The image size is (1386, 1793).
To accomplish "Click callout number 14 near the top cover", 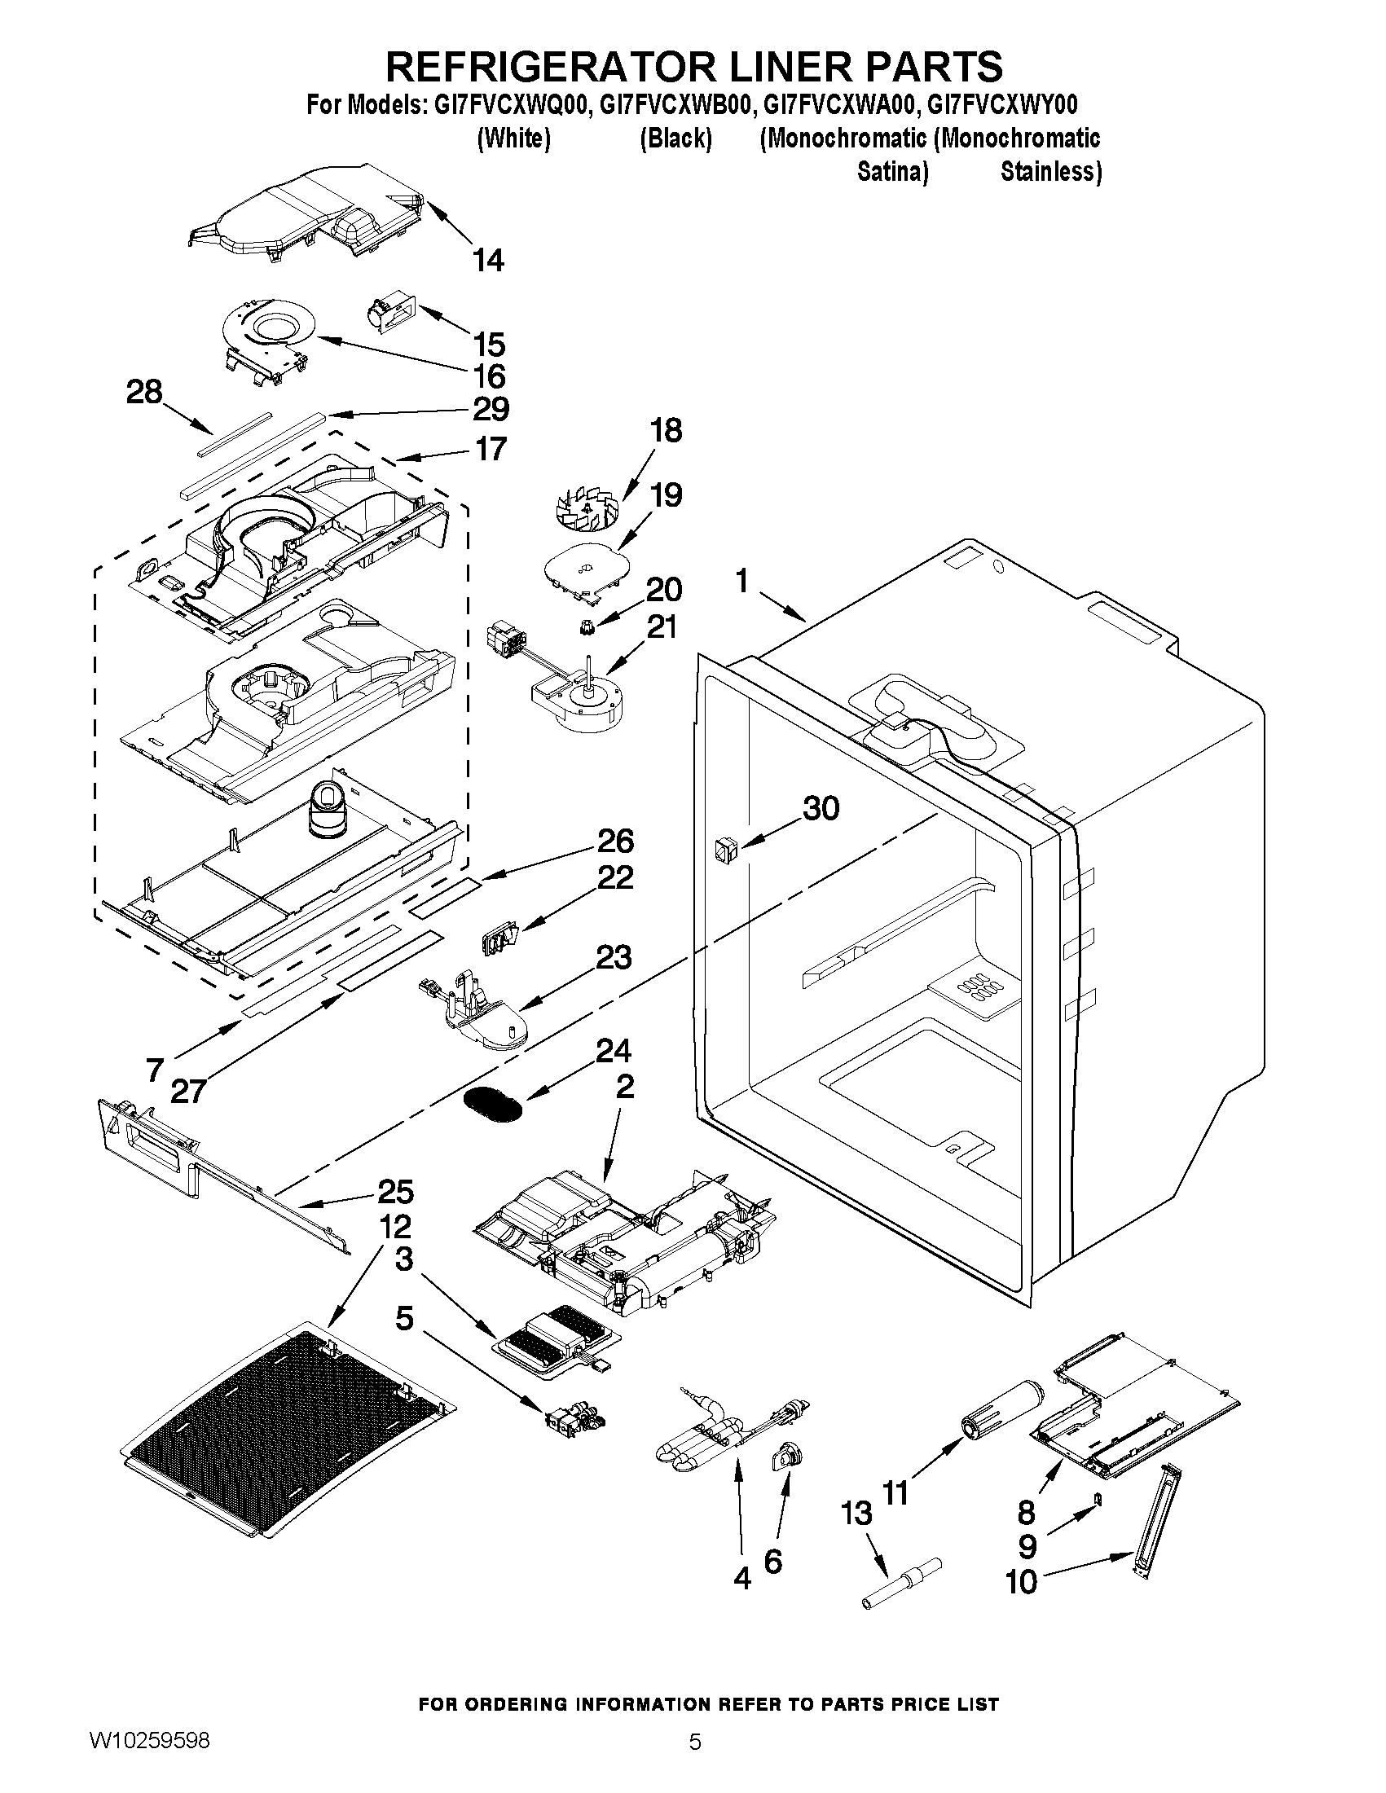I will tap(488, 260).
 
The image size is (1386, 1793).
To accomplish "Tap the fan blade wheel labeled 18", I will tap(588, 502).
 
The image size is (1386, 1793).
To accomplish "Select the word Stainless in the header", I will tap(1050, 173).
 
